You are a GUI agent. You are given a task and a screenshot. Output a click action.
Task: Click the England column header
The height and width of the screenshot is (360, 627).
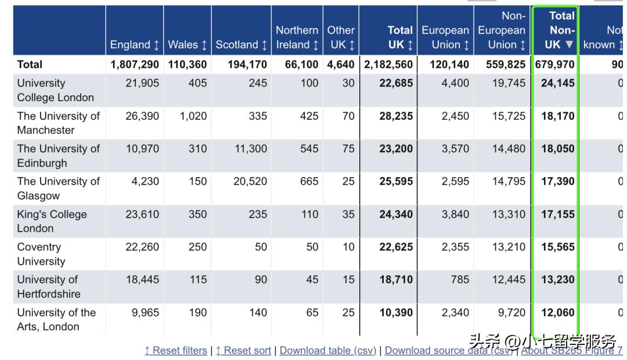tap(134, 45)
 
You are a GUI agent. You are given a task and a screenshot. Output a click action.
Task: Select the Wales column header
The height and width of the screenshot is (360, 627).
tap(187, 45)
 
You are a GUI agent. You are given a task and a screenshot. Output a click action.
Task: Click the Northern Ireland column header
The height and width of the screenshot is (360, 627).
tap(297, 37)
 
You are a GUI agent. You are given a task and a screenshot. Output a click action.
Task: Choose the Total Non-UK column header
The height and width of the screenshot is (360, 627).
tap(561, 30)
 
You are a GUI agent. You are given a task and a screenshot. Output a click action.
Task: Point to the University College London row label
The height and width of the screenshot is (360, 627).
tap(55, 90)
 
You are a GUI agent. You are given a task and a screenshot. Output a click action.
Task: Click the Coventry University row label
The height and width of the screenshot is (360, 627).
tap(41, 254)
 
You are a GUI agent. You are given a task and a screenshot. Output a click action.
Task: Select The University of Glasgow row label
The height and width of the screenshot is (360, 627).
tap(58, 188)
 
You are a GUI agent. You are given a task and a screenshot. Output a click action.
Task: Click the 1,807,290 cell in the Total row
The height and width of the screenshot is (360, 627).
tap(135, 64)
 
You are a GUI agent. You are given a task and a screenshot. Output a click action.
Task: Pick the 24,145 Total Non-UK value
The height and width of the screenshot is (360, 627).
tap(557, 83)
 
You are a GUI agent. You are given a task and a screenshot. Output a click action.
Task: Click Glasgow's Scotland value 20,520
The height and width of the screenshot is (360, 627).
tap(250, 181)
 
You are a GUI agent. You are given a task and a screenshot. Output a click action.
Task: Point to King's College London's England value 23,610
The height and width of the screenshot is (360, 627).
tap(142, 214)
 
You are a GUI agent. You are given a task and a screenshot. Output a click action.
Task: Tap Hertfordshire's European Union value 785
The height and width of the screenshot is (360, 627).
tap(459, 279)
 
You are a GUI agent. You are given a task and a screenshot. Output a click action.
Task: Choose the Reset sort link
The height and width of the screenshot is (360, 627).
tap(243, 350)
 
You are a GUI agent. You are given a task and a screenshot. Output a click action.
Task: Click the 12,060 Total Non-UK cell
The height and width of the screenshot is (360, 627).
tap(557, 312)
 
